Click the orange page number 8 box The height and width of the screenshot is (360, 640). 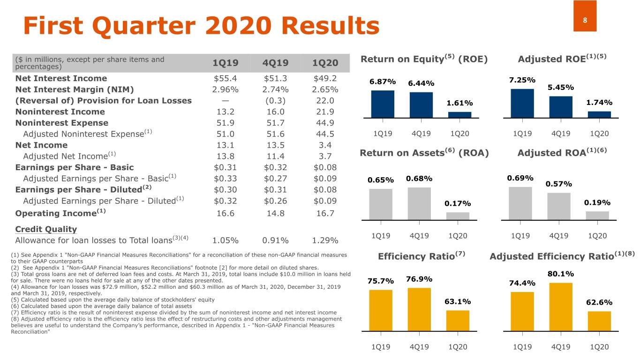click(585, 16)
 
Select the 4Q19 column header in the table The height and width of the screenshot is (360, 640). click(276, 63)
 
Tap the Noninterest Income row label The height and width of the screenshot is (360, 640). click(60, 112)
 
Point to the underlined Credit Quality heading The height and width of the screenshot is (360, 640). click(46, 229)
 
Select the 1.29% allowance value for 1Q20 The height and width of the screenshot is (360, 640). click(325, 240)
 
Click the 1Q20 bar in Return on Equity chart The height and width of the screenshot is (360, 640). click(459, 114)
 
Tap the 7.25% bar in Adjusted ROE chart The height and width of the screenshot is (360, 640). click(522, 103)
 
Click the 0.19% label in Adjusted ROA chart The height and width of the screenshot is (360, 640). click(597, 203)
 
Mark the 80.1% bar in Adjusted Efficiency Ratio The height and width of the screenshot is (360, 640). click(561, 307)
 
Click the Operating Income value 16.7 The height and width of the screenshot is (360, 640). click(325, 213)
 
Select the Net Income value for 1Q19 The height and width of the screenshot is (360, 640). click(226, 145)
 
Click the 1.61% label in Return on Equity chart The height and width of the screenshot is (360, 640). click(459, 103)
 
